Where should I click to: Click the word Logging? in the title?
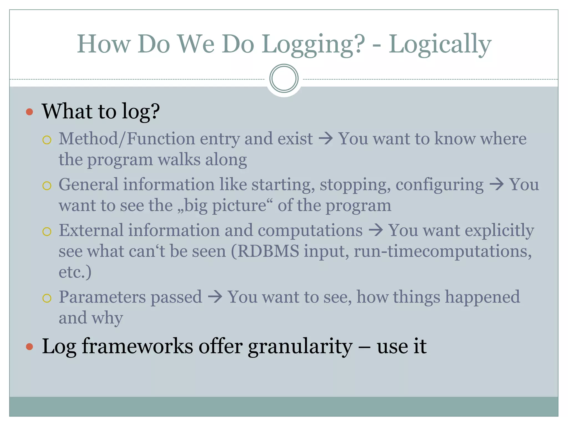[x=313, y=44]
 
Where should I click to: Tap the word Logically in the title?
[x=440, y=44]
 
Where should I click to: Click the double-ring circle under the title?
[x=284, y=78]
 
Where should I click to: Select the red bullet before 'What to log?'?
[x=29, y=112]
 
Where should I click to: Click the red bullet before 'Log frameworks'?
[x=29, y=347]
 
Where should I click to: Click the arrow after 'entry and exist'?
[x=326, y=138]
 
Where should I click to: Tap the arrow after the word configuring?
[x=496, y=185]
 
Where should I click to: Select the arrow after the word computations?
[x=376, y=230]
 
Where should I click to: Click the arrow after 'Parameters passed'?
[x=215, y=297]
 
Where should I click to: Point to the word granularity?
[x=300, y=347]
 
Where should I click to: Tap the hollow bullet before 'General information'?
[x=47, y=186]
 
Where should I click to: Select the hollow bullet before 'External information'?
[x=47, y=231]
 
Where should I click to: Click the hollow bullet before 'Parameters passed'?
[x=47, y=298]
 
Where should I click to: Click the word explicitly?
[x=499, y=230]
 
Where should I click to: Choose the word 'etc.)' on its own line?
[x=75, y=272]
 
